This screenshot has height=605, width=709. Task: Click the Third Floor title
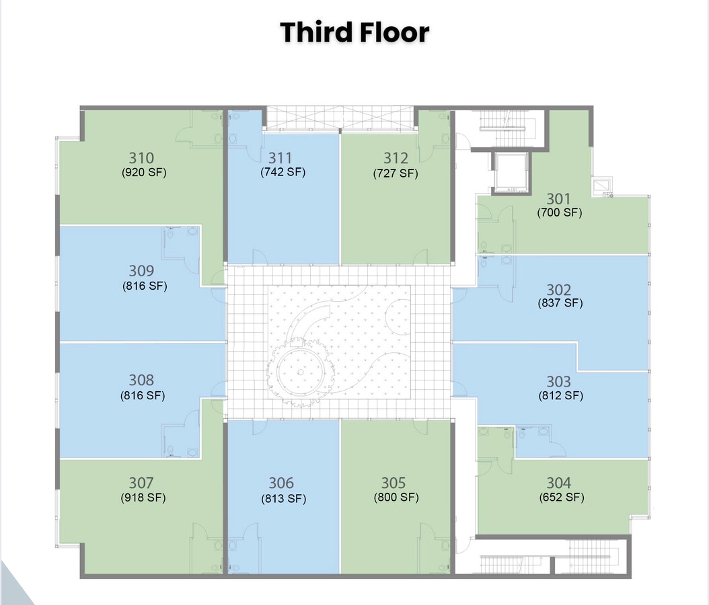(354, 32)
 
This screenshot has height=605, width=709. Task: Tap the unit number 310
(141, 158)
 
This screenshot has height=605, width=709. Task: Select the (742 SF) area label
(283, 172)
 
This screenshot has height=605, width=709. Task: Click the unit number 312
(396, 158)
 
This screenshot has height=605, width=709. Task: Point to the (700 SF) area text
(559, 213)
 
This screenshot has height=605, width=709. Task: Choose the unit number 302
(559, 290)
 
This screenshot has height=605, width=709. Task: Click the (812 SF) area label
(560, 395)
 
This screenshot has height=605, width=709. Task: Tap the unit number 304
(559, 483)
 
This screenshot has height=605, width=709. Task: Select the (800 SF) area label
(396, 497)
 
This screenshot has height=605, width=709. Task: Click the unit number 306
(281, 483)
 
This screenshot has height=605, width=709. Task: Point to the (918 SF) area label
(143, 497)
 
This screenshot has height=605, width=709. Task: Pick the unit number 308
(141, 380)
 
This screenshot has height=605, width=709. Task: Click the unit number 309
(141, 271)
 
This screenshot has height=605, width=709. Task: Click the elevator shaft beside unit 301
(511, 173)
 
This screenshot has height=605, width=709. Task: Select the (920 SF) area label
(144, 172)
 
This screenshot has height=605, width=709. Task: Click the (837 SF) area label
(560, 303)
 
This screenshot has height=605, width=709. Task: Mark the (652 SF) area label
(561, 497)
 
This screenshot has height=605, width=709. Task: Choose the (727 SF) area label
(396, 173)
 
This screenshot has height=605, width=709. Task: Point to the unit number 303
(559, 381)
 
